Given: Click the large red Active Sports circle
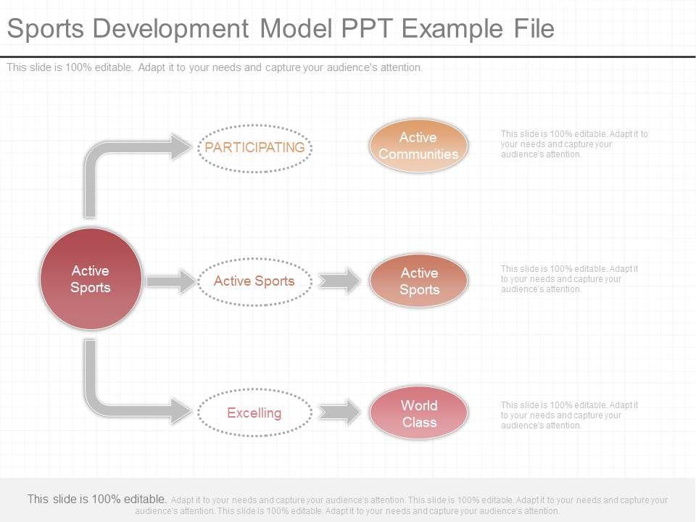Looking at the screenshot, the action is pos(91,278).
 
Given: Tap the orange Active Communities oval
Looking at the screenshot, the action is pos(418,146).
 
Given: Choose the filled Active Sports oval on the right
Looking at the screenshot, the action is pos(418,281).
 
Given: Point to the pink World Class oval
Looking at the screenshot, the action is pos(418,413).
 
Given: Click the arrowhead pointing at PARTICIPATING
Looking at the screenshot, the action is pos(182,147).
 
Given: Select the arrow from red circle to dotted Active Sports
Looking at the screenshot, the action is pos(171,281).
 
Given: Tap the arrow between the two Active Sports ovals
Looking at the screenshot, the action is pos(339,281).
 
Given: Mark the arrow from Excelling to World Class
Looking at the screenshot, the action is pos(339,413).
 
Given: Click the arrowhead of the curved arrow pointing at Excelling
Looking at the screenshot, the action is pos(182,410).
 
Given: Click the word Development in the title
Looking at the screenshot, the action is pos(171,28).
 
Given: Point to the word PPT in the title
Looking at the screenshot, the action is pos(367,28).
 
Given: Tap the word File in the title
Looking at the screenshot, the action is pos(534,28).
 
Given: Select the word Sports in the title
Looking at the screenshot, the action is pos(46,29).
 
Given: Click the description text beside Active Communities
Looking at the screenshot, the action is pos(574,144).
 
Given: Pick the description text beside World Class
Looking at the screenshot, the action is pos(569,415).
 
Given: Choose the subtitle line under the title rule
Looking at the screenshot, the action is pos(215,67).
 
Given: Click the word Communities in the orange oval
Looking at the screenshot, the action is pos(418,154).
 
